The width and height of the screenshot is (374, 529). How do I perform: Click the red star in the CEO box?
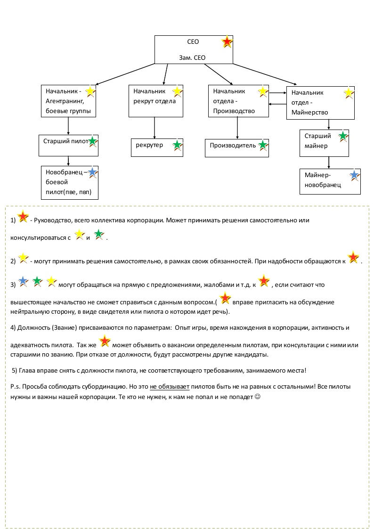point(227,42)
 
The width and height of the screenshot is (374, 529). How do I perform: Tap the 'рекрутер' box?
point(156,146)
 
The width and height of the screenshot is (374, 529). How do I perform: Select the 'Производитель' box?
point(237,147)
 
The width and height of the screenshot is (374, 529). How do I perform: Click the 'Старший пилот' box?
point(68,145)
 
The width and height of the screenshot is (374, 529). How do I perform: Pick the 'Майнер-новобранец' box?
point(330,181)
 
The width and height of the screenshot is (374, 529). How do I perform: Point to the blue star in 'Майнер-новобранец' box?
point(354,176)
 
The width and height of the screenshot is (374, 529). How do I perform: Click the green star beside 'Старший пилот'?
point(93,141)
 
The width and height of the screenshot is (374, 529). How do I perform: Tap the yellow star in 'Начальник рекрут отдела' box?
point(177,91)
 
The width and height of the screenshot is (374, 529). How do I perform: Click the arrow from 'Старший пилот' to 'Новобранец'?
point(68,160)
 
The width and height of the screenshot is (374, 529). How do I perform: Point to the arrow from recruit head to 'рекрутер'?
point(154,128)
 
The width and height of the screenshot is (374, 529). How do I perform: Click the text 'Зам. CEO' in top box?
point(193,58)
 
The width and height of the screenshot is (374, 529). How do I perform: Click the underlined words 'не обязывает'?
point(170,387)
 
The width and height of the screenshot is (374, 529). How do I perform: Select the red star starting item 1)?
point(23,218)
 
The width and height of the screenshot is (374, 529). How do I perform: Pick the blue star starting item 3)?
point(23,282)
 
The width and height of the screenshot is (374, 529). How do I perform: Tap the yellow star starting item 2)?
point(23,258)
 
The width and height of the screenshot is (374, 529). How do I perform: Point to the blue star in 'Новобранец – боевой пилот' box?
point(92,173)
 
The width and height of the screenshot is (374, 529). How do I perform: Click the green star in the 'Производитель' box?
point(262,145)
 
